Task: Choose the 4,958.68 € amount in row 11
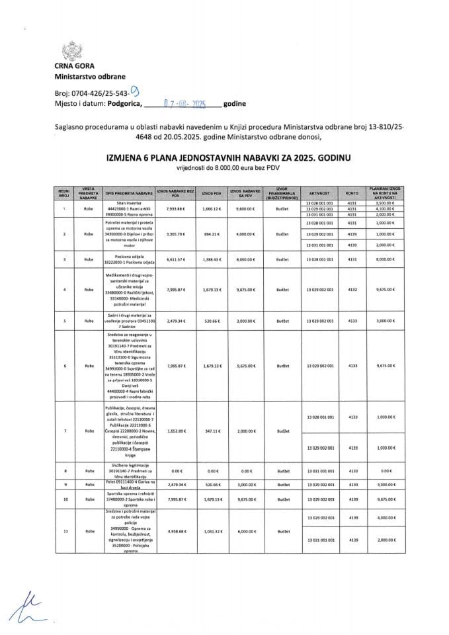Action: point(172,530)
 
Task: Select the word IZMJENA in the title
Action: point(130,157)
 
